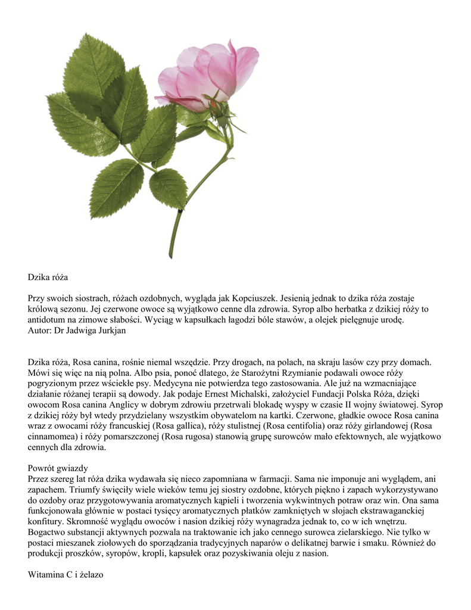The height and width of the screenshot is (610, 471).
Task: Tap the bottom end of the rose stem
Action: [171, 254]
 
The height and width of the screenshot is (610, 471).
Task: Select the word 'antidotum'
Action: [48, 319]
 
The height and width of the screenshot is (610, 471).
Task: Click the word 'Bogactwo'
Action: [47, 532]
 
